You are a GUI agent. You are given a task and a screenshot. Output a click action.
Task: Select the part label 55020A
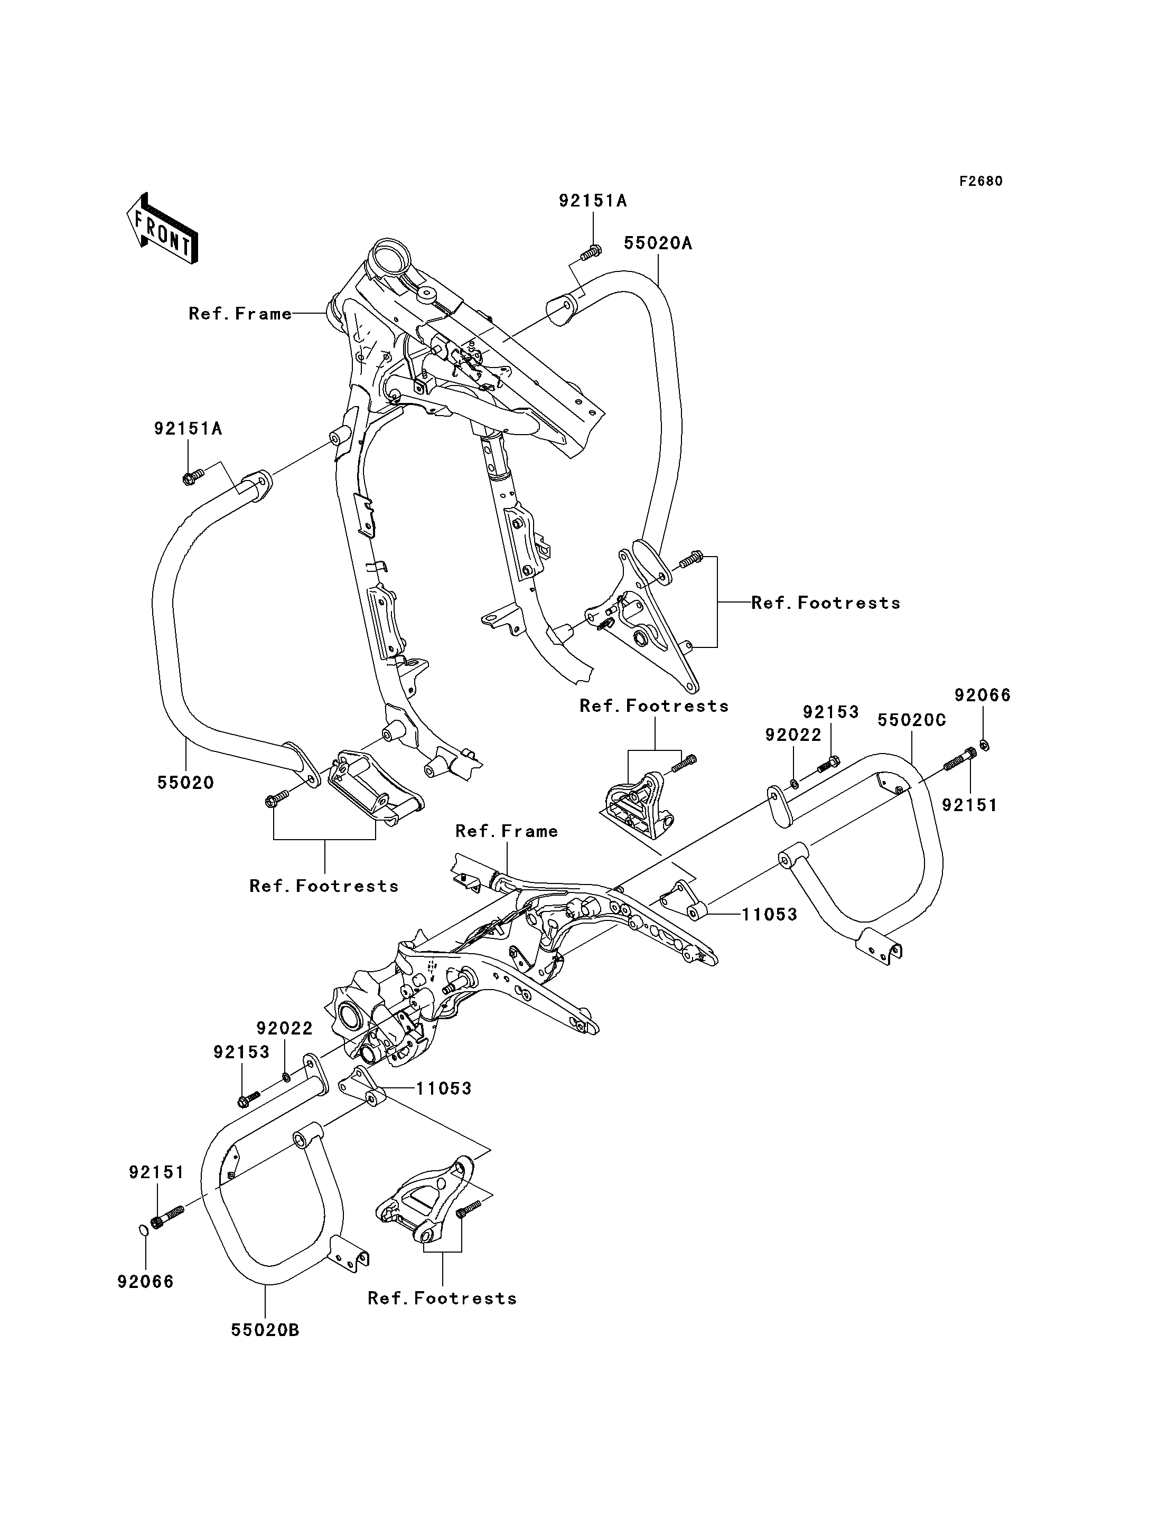coord(658,243)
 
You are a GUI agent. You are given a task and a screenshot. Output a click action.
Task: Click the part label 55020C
coord(911,720)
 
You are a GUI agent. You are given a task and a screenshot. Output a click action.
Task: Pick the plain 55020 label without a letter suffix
coord(185,783)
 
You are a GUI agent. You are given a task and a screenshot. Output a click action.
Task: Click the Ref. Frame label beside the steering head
coord(240,314)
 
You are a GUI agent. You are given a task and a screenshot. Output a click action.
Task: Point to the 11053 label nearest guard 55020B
coord(443,1088)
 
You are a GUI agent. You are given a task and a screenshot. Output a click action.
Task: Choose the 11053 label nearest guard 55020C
coord(769,915)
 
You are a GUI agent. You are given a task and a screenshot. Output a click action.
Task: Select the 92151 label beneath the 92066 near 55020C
coord(970,805)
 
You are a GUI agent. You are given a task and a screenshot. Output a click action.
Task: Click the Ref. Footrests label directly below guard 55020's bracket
coord(324,886)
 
